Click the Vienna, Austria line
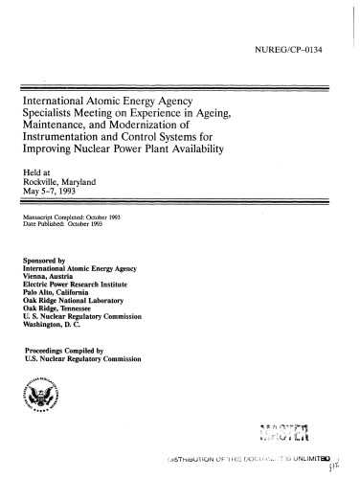[54, 278]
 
